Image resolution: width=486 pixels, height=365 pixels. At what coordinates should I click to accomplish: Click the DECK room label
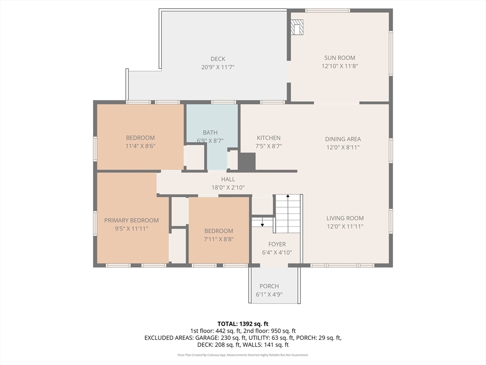pyautogui.click(x=218, y=59)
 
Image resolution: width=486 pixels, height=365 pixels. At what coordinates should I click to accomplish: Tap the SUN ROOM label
pyautogui.click(x=340, y=58)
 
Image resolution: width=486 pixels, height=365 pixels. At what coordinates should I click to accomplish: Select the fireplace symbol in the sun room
pyautogui.click(x=297, y=27)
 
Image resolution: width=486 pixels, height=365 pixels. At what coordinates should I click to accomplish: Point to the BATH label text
pyautogui.click(x=210, y=133)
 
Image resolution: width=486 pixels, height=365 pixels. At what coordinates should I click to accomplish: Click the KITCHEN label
pyautogui.click(x=269, y=138)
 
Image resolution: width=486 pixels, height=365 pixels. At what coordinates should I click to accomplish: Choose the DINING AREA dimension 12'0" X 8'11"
pyautogui.click(x=343, y=147)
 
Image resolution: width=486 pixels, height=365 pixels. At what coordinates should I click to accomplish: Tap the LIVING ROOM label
pyautogui.click(x=345, y=218)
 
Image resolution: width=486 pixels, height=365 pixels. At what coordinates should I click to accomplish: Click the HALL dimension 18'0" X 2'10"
pyautogui.click(x=228, y=187)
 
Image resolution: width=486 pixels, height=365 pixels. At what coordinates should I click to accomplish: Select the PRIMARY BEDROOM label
pyautogui.click(x=131, y=221)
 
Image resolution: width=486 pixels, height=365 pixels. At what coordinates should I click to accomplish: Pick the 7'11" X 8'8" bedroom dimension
pyautogui.click(x=218, y=240)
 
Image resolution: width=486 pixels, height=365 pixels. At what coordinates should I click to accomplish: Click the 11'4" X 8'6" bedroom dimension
pyautogui.click(x=140, y=146)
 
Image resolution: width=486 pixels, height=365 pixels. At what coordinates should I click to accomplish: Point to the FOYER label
pyautogui.click(x=277, y=244)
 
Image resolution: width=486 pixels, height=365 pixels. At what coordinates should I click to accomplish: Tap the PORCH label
pyautogui.click(x=269, y=286)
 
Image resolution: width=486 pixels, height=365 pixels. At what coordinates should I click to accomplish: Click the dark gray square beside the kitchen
pyautogui.click(x=247, y=162)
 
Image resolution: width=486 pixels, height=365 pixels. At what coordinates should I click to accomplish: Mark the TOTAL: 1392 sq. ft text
pyautogui.click(x=243, y=324)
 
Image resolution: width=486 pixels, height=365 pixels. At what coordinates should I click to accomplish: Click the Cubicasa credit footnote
pyautogui.click(x=243, y=355)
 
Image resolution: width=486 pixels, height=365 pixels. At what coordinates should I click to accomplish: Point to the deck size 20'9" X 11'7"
pyautogui.click(x=218, y=67)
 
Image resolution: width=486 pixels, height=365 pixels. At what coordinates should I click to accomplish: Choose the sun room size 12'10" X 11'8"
pyautogui.click(x=340, y=66)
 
